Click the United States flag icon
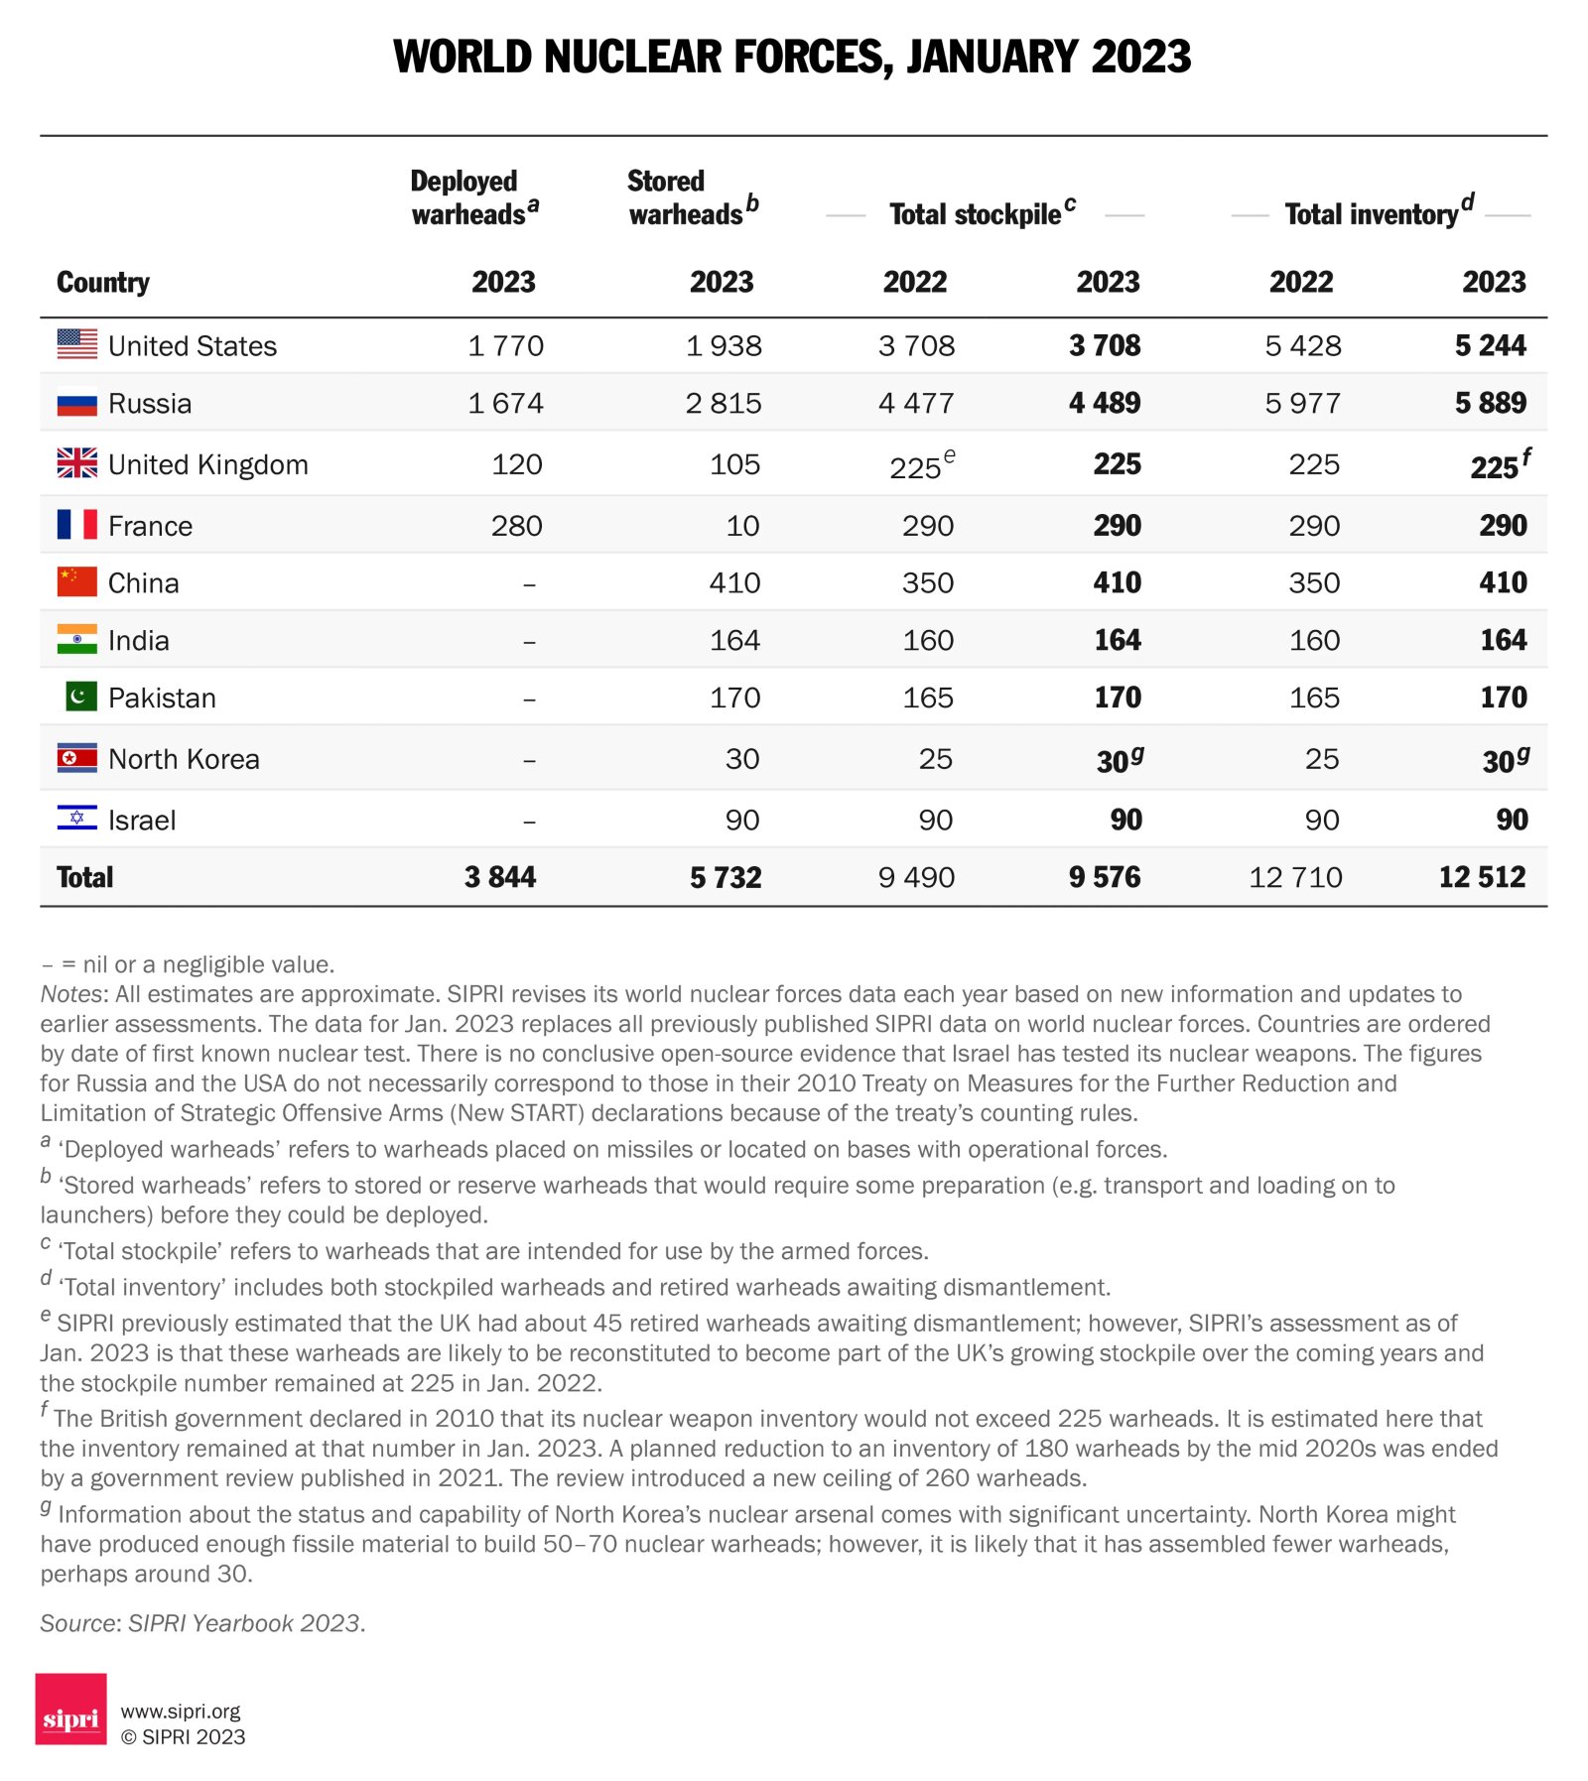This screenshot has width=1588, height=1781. pos(77,344)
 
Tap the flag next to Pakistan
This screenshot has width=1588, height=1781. pos(80,697)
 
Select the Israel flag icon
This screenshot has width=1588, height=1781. pos(77,819)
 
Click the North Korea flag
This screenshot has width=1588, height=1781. pos(77,758)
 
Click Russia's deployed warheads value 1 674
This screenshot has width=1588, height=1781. pos(505,403)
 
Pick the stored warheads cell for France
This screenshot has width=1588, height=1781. pos(742,526)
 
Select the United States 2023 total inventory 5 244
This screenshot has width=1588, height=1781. pos(1490,345)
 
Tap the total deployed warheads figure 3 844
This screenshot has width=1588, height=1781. pos(499,877)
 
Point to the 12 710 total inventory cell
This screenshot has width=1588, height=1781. pos(1294,877)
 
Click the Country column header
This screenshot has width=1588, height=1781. pos(103,283)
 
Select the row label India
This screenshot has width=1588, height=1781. pos(138,641)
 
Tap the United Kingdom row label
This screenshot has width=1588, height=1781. pos(207,464)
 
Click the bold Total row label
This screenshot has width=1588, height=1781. pos(85,877)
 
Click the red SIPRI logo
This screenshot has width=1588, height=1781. pos(70,1709)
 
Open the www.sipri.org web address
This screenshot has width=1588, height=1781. pos(181,1711)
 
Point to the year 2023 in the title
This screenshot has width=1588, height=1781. pos(1140,57)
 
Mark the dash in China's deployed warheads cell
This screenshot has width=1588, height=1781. pos(529,584)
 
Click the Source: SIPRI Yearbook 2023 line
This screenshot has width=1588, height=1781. pos(202,1623)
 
